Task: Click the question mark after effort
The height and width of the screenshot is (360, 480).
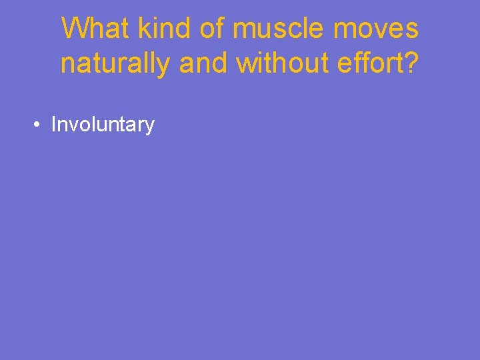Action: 412,64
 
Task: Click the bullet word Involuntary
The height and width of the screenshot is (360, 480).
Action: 103,125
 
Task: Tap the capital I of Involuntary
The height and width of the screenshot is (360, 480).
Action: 53,125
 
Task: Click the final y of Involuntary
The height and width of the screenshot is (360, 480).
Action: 150,127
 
